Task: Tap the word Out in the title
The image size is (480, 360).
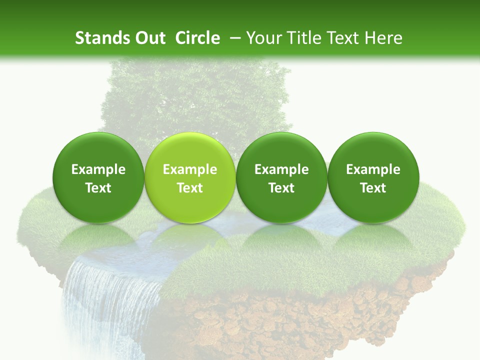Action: click(x=148, y=38)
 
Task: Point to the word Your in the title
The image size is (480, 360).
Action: click(x=263, y=38)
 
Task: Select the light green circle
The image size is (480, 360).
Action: click(x=189, y=150)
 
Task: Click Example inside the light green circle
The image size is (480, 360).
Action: click(x=190, y=169)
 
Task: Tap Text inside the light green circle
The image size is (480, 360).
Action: click(x=190, y=188)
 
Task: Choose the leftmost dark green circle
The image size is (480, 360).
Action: click(x=98, y=150)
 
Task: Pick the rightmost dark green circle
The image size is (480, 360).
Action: click(x=373, y=150)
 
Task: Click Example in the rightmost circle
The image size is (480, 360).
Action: click(x=373, y=169)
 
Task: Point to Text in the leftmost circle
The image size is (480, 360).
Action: click(x=98, y=188)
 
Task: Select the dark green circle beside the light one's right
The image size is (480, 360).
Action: click(x=281, y=150)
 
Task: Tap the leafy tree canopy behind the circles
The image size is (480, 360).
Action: click(x=200, y=95)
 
